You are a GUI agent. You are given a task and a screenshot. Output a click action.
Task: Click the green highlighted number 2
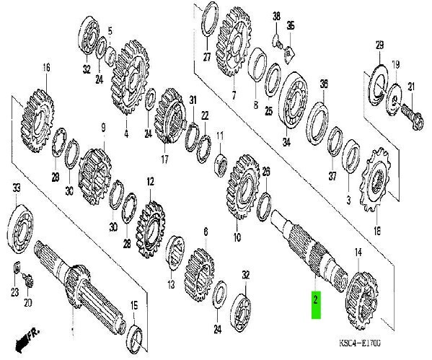tap(316, 305)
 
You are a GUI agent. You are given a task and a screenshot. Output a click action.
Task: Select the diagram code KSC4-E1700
tap(360, 343)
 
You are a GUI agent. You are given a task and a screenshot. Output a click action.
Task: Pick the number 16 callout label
tap(47, 68)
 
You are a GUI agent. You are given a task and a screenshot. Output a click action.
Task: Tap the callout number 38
tap(276, 16)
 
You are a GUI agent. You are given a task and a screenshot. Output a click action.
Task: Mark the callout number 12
tap(150, 182)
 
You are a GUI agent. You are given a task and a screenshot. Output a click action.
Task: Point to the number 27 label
tap(207, 57)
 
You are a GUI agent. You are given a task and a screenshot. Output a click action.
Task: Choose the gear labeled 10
tap(243, 186)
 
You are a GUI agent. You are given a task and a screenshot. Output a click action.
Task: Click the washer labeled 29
tap(379, 84)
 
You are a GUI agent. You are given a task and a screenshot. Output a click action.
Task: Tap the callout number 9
tap(103, 128)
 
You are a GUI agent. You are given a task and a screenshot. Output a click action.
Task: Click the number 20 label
tap(28, 303)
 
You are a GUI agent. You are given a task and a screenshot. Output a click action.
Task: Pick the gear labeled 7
tap(234, 41)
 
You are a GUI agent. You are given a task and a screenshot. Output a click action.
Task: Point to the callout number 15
tap(134, 306)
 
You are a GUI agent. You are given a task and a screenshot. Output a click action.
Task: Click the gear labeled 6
tap(199, 271)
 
